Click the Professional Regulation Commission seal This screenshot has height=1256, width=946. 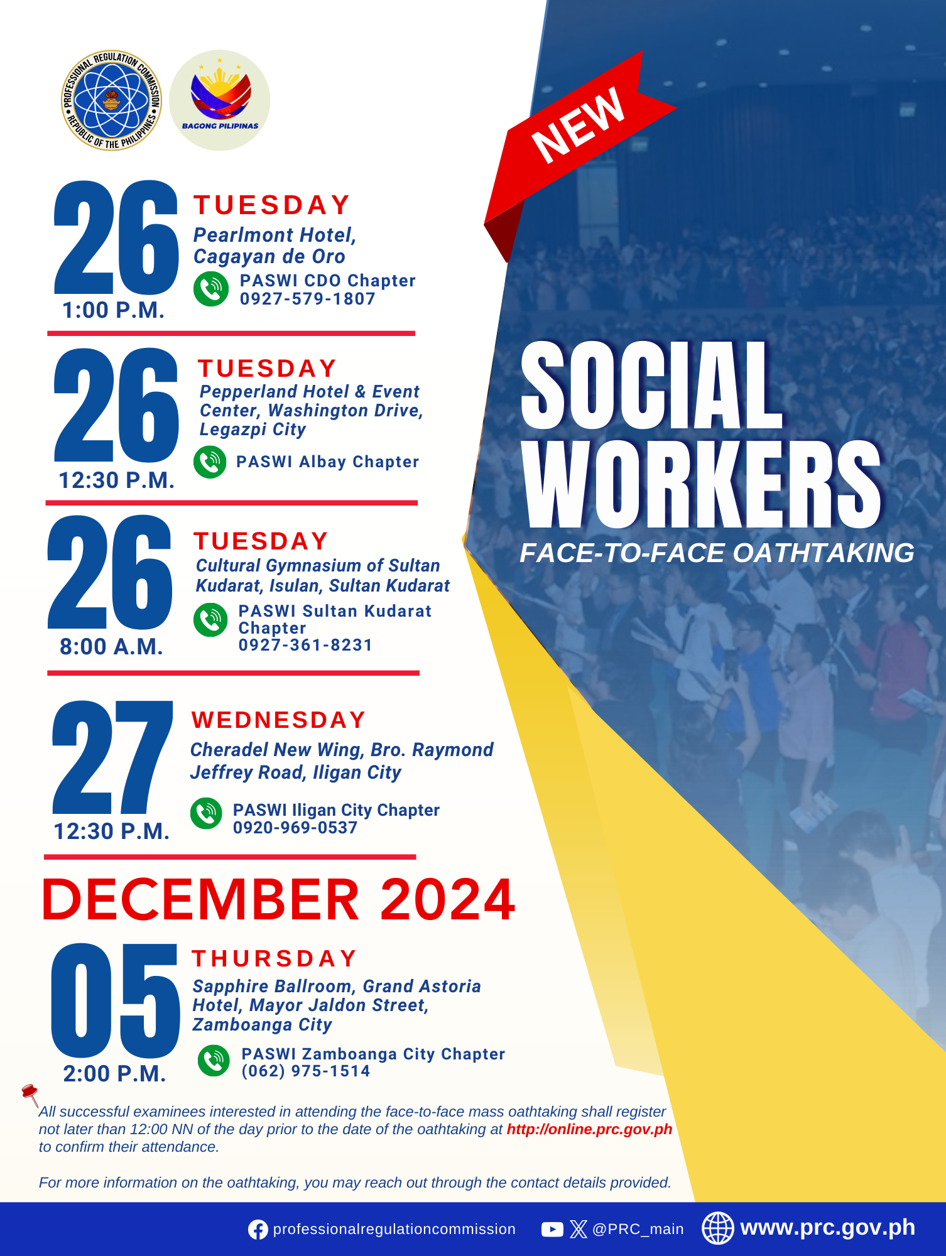[x=111, y=100]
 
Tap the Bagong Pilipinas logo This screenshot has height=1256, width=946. [x=220, y=100]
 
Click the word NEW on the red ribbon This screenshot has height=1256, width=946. [x=579, y=126]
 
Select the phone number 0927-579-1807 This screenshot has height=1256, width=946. [x=307, y=299]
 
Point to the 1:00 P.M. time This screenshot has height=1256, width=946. [x=113, y=310]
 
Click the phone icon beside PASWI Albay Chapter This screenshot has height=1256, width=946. [x=210, y=462]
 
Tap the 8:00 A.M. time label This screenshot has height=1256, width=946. [x=111, y=647]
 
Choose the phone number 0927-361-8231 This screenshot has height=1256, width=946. [x=305, y=645]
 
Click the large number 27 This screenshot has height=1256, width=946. [x=112, y=757]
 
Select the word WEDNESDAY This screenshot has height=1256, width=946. [x=278, y=720]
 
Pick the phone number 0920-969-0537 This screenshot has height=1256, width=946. [x=295, y=828]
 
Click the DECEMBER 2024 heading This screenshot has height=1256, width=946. [x=278, y=899]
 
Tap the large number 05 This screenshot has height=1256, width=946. [x=115, y=1000]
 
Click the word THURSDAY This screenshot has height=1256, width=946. [x=275, y=958]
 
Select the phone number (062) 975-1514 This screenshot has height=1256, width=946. [x=306, y=1071]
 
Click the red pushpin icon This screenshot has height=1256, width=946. [x=30, y=1095]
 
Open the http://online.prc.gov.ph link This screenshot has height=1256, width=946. [x=589, y=1129]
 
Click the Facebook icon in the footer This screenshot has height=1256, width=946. [x=258, y=1230]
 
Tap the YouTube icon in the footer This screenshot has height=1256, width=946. [x=552, y=1229]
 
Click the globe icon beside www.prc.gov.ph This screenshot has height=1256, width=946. [x=717, y=1228]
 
